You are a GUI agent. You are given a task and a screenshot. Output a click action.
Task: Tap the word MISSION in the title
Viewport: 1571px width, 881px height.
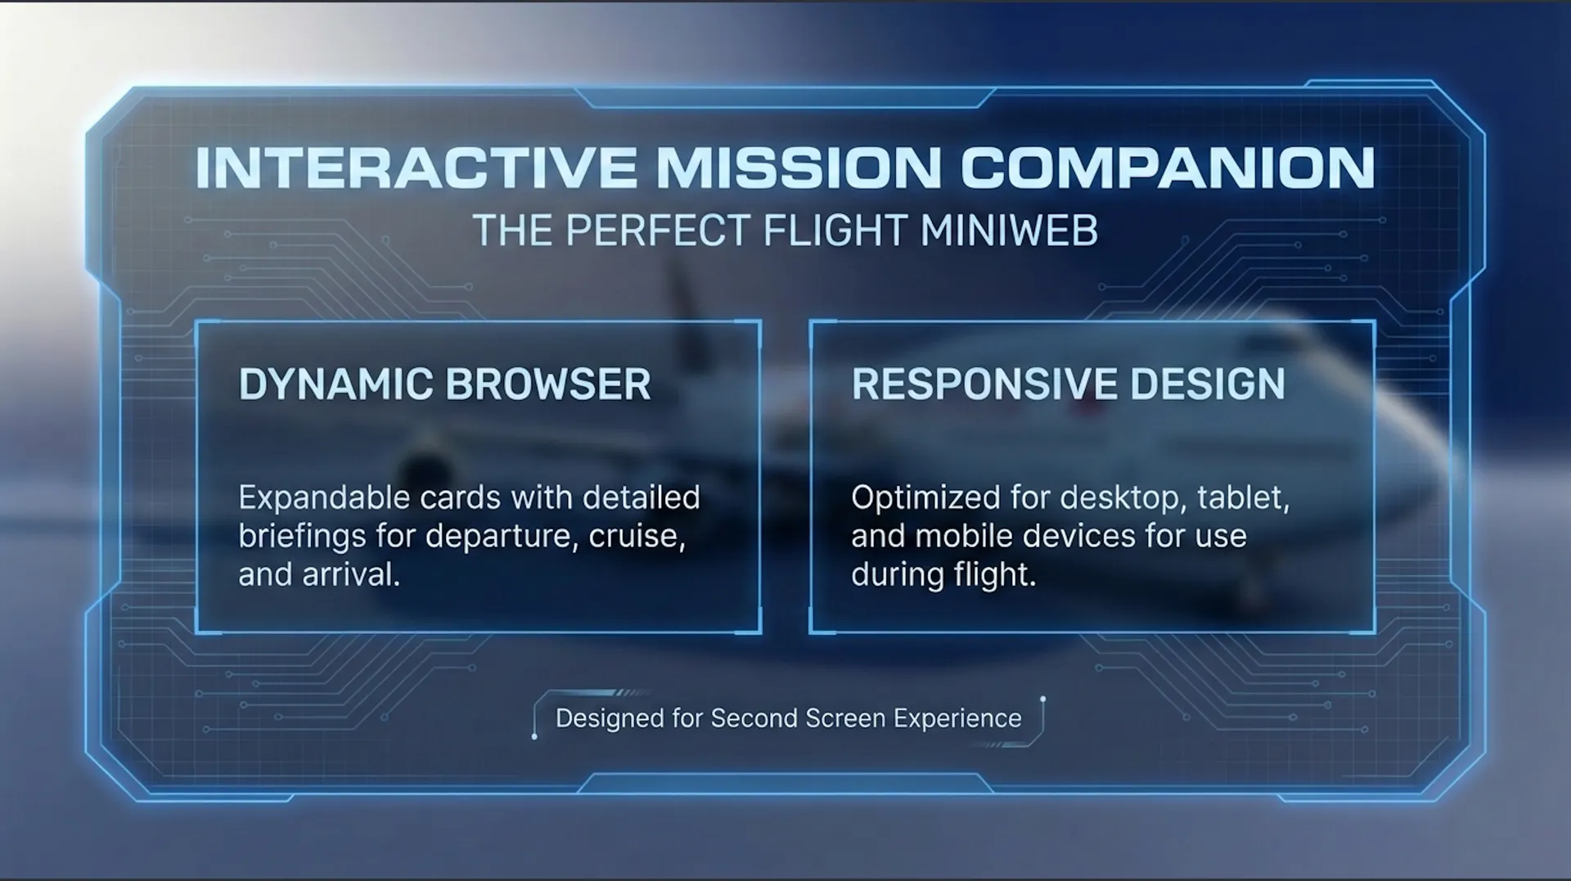tap(799, 168)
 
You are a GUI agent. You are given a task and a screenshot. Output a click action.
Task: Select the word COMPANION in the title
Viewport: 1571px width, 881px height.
tap(1168, 168)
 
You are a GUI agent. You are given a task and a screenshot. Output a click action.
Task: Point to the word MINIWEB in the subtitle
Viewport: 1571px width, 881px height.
tap(1009, 231)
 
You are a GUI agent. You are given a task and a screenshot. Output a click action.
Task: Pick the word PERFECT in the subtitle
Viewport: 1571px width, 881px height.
tap(658, 231)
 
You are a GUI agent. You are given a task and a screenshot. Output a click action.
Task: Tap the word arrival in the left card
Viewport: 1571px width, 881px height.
tap(351, 575)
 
